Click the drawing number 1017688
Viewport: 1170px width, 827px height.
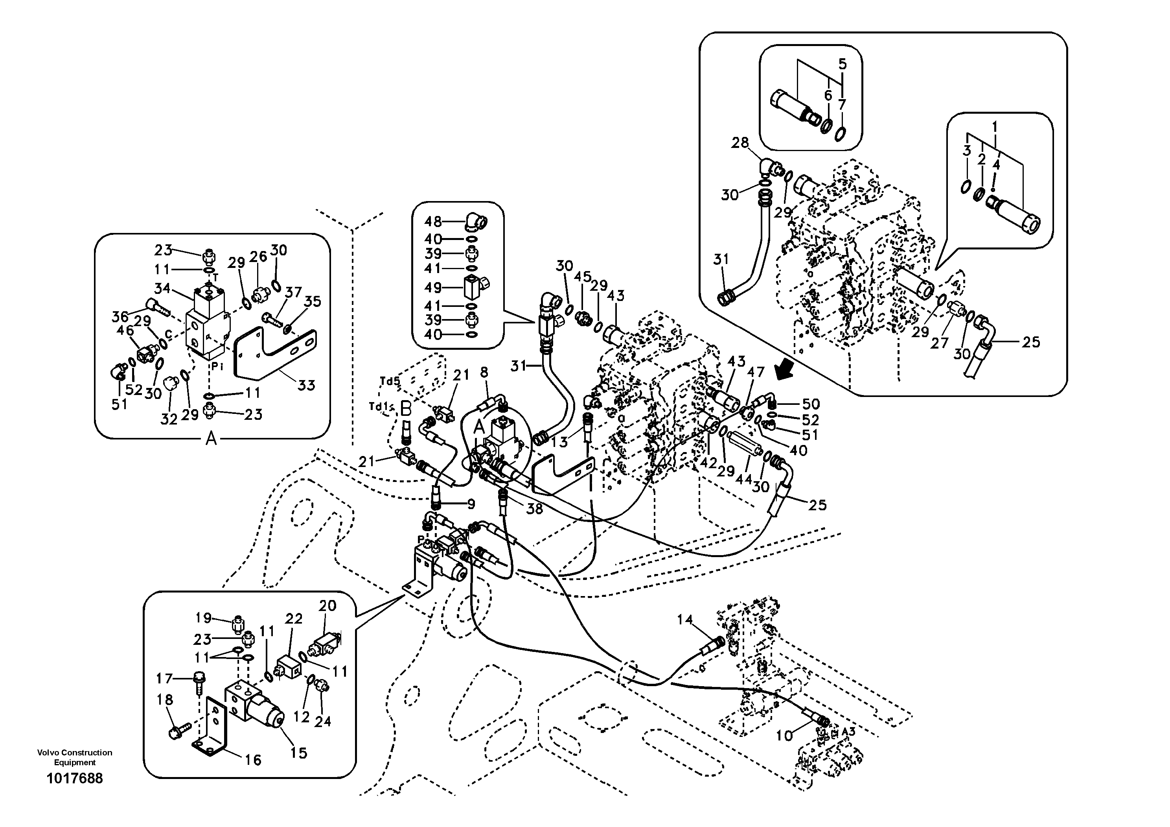(x=74, y=778)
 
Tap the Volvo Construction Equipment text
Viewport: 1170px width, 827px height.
(x=74, y=757)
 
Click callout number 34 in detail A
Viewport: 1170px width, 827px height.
(x=162, y=288)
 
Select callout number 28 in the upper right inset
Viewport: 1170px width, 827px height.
(x=740, y=143)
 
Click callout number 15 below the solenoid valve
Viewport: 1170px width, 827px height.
(x=299, y=753)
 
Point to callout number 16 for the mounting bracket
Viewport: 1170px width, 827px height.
(x=253, y=760)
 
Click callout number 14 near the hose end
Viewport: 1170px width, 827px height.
(x=685, y=620)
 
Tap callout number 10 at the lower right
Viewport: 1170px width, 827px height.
(x=784, y=735)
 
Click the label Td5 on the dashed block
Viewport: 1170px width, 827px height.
(x=390, y=381)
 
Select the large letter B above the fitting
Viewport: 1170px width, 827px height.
(x=406, y=409)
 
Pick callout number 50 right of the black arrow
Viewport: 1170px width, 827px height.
(x=811, y=404)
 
